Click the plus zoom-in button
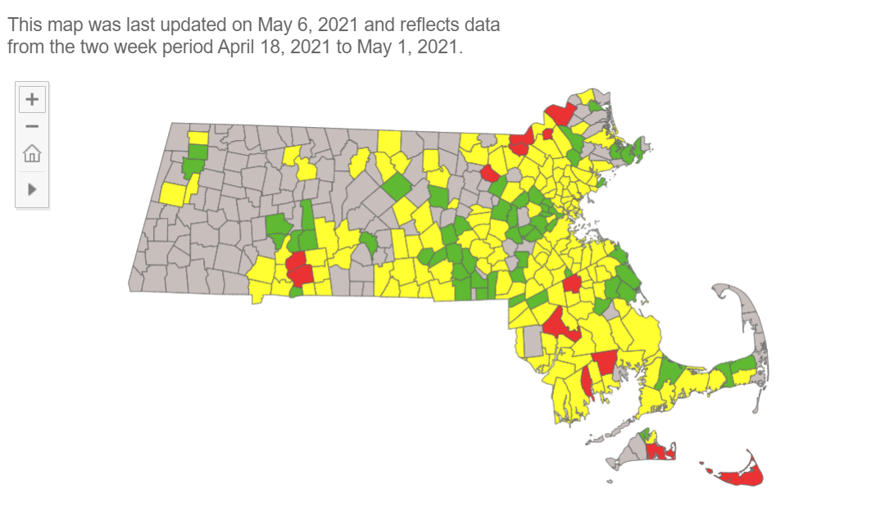(32, 99)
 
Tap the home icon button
(32, 153)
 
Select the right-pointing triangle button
(32, 189)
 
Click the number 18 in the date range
(273, 47)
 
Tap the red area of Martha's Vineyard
(657, 450)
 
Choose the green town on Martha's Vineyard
(644, 435)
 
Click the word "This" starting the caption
(25, 25)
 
